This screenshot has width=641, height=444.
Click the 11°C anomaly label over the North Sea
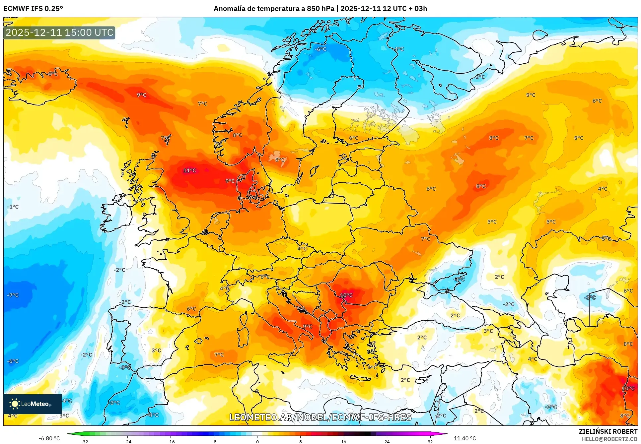pos(189,170)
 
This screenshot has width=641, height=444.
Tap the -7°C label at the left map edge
pos(13,295)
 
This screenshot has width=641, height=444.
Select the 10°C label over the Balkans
pos(346,295)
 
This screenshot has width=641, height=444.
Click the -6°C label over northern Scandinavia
pos(320,49)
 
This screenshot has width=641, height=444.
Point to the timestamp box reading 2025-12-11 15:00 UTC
pos(59,32)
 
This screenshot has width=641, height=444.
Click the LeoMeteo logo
pos(32,404)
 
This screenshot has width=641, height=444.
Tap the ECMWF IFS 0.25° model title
pos(33,9)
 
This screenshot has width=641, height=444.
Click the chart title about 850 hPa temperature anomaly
pos(320,9)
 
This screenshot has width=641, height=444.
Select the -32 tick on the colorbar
pos(84,441)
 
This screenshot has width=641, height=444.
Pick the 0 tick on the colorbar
pos(257,441)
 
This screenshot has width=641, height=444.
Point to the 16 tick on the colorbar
pos(343,441)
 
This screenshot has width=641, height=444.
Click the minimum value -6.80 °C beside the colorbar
pos(49,438)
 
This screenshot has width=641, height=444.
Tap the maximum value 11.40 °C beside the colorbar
pos(464,438)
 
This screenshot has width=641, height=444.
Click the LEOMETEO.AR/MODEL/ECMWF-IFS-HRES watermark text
pos(320,417)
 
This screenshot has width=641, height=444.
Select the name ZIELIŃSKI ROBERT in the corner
pos(608,431)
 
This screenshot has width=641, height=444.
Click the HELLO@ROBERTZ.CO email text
pos(609,439)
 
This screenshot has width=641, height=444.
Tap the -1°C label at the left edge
pos(13,207)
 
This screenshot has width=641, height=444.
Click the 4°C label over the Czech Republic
pos(302,248)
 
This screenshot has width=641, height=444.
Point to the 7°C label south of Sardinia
pos(219,354)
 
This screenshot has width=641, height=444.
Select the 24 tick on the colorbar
pos(387,441)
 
